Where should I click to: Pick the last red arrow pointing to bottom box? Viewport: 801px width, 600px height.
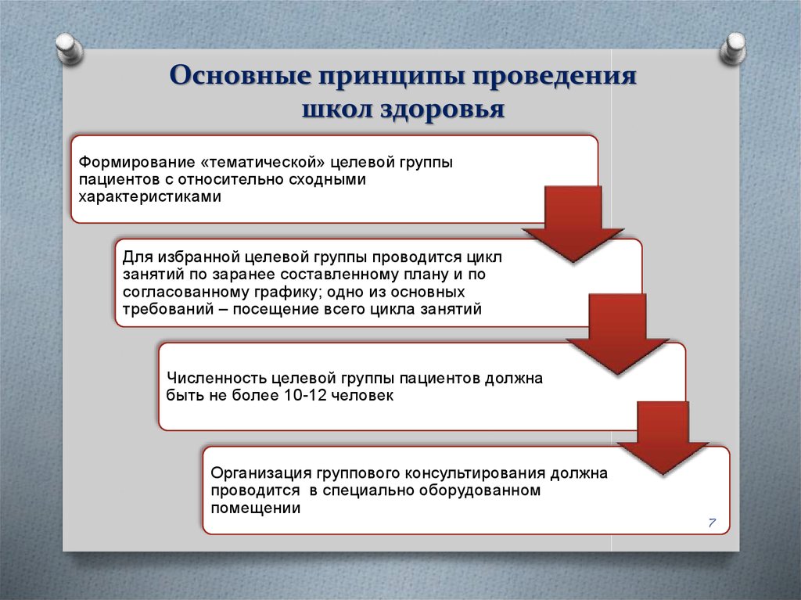point(662,437)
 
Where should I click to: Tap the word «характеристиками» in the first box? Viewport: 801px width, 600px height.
point(149,197)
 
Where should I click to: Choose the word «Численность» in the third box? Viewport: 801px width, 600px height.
point(210,379)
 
